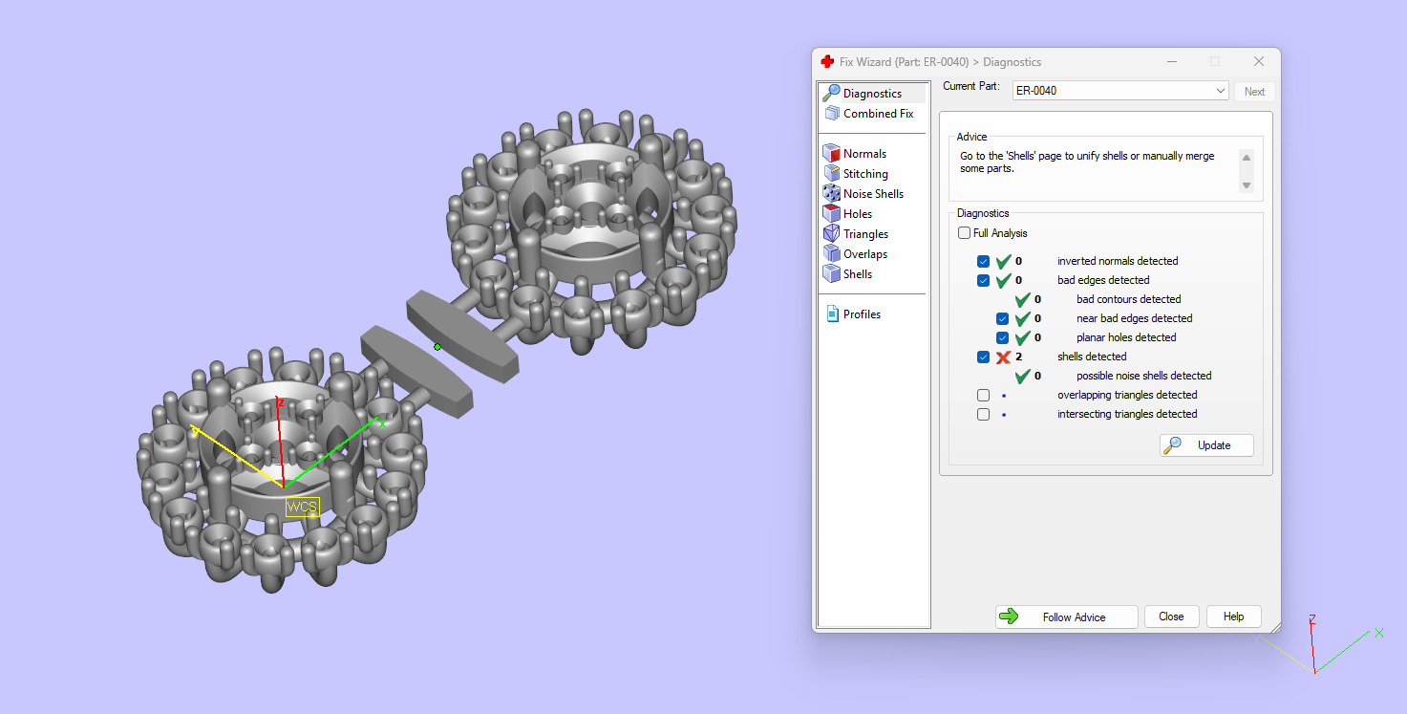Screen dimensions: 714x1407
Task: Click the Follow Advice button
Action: pos(1066,617)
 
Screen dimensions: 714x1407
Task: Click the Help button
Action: pos(1233,617)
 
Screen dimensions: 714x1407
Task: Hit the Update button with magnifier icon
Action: pos(1206,445)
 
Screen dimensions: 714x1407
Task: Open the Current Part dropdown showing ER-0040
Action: pos(1119,91)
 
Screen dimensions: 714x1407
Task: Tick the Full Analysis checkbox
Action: pos(964,233)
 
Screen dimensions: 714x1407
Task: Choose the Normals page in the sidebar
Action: pos(863,154)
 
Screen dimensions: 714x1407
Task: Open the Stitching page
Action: pos(864,174)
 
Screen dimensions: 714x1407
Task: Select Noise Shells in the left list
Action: pos(872,194)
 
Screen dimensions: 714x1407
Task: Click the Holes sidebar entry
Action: pos(857,214)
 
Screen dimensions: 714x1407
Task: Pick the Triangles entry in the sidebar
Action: pos(864,234)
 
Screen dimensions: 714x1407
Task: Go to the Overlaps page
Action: pos(864,254)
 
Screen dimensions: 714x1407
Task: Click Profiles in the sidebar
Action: pos(861,314)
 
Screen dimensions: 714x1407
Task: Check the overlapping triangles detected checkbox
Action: pos(983,395)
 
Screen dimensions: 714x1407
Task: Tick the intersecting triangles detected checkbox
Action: pos(983,414)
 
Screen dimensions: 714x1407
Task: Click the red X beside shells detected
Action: pos(1003,357)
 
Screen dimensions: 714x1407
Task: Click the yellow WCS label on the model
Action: pos(302,507)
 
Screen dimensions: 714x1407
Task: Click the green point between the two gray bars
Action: pos(437,346)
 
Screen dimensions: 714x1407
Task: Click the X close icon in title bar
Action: pos(1258,61)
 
